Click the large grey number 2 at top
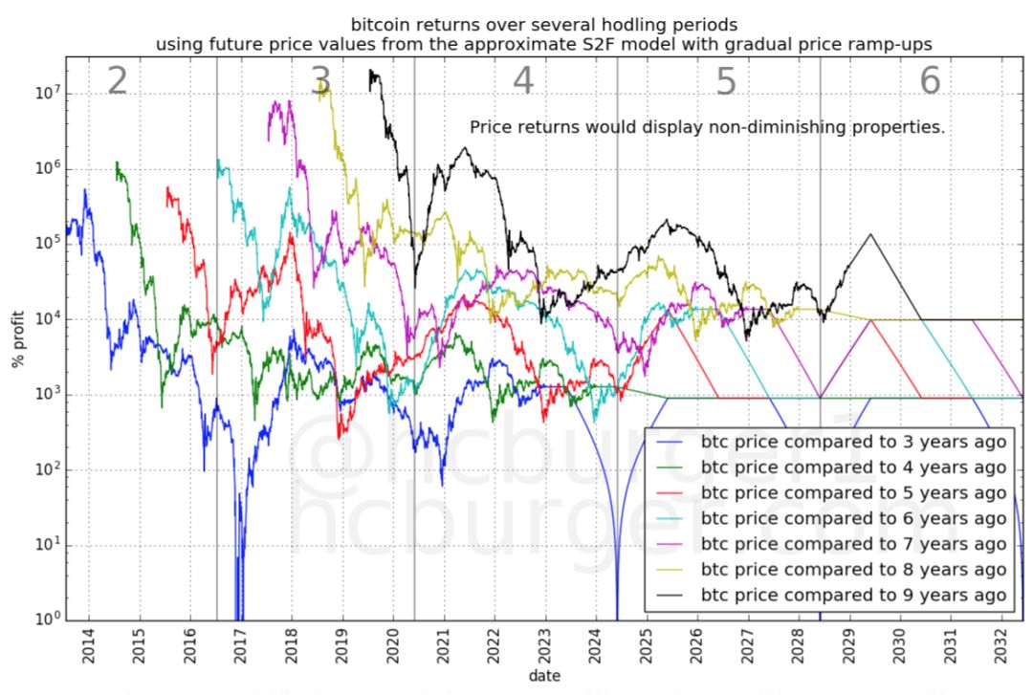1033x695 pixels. pos(117,82)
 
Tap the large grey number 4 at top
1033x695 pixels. pos(522,82)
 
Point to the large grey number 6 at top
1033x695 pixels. pos(930,82)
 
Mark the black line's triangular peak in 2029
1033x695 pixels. pos(870,234)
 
